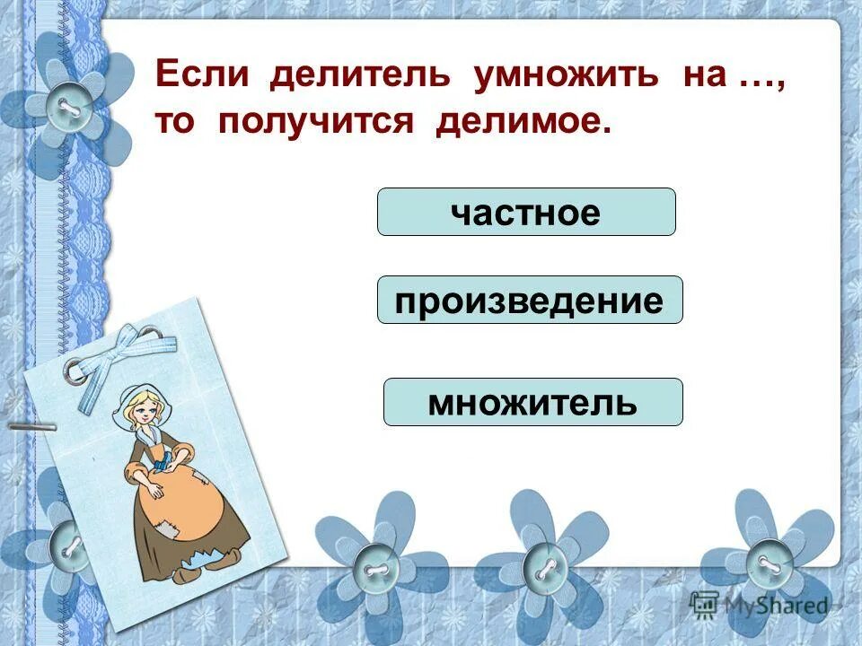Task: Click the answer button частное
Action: point(526,212)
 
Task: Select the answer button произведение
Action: point(530,300)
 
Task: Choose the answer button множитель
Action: point(532,402)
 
